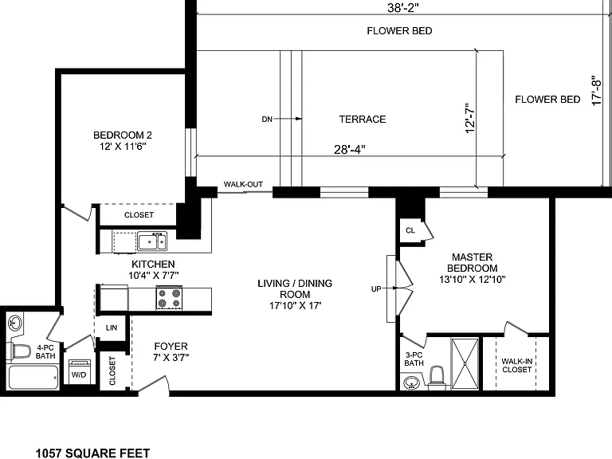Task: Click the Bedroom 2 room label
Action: tap(122, 140)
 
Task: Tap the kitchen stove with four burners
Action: tap(170, 298)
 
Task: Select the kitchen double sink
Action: tap(152, 241)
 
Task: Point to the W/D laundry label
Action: tap(79, 375)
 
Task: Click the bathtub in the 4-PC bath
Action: tap(33, 377)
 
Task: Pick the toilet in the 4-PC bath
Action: tap(19, 351)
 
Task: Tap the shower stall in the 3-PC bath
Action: tap(465, 363)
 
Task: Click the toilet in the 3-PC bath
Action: tap(437, 378)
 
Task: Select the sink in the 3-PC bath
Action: tap(410, 382)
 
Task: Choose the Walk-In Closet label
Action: tap(516, 365)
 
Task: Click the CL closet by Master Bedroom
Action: tap(410, 230)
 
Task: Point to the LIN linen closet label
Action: tap(112, 328)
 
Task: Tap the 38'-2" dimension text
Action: tap(403, 7)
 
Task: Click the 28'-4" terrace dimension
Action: tap(349, 150)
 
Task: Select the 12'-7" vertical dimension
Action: tap(470, 118)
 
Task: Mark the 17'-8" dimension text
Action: tap(596, 90)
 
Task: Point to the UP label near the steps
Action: tap(376, 288)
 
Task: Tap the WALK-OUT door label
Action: tap(243, 184)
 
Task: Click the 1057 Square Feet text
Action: tap(93, 453)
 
